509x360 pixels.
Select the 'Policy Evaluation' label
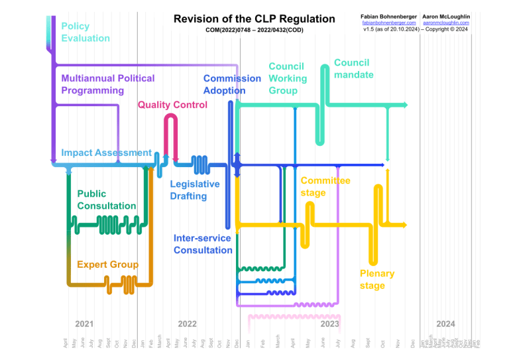pyautogui.click(x=85, y=32)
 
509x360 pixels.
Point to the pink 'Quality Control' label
pyautogui.click(x=172, y=105)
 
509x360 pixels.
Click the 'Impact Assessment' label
pyautogui.click(x=106, y=152)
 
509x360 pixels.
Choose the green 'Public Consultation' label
pyautogui.click(x=106, y=200)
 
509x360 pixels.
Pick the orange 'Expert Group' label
pyautogui.click(x=107, y=265)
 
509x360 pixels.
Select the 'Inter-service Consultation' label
pyautogui.click(x=203, y=244)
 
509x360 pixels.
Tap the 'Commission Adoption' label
pyautogui.click(x=232, y=84)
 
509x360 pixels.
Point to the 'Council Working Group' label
pyautogui.click(x=288, y=78)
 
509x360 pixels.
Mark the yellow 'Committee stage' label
pyautogui.click(x=325, y=186)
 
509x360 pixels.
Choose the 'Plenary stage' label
pyautogui.click(x=376, y=279)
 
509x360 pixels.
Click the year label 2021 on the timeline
pyautogui.click(x=84, y=324)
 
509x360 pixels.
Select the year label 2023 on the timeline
pyautogui.click(x=329, y=324)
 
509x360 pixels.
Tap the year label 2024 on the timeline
pyautogui.click(x=445, y=324)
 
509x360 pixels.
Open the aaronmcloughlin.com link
pyautogui.click(x=445, y=23)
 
